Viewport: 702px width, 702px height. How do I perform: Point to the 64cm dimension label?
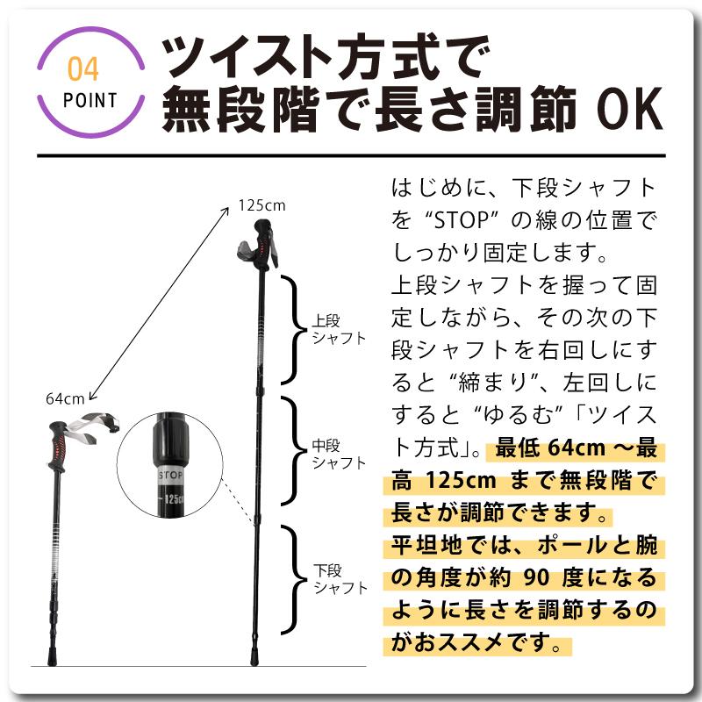pyautogui.click(x=65, y=398)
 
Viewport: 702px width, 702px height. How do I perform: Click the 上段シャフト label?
pyautogui.click(x=339, y=329)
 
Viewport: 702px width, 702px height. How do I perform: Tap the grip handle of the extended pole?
pyautogui.click(x=261, y=248)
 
